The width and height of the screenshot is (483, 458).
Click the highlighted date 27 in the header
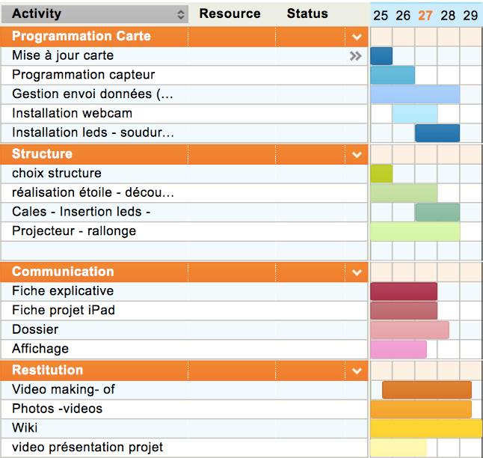click(x=425, y=15)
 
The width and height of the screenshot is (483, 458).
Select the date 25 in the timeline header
click(x=381, y=15)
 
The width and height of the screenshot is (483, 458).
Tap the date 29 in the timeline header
click(x=470, y=15)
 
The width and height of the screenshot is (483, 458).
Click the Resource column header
click(x=230, y=13)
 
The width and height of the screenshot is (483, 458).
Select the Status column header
click(x=307, y=13)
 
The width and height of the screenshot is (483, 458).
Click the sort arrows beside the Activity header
click(x=181, y=14)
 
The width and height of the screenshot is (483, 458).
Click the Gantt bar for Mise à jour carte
click(x=381, y=55)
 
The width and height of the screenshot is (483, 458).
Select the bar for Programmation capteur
click(x=393, y=75)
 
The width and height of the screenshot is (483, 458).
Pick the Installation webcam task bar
click(x=415, y=114)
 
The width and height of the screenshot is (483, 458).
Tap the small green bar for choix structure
click(x=381, y=173)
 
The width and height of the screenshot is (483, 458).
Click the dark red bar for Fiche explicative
click(x=404, y=291)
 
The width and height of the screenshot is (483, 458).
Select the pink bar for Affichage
click(x=399, y=349)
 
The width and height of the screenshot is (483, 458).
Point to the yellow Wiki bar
click(x=426, y=428)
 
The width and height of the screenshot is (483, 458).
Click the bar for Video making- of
click(x=426, y=389)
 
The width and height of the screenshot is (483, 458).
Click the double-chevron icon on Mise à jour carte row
click(x=356, y=55)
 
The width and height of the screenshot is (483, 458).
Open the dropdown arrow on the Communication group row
click(x=357, y=272)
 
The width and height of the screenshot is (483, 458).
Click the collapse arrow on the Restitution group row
click(x=357, y=370)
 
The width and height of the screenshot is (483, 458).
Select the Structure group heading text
click(x=43, y=153)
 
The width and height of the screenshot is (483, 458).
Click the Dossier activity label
click(x=35, y=329)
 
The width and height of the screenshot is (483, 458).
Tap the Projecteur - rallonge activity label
click(x=74, y=231)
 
